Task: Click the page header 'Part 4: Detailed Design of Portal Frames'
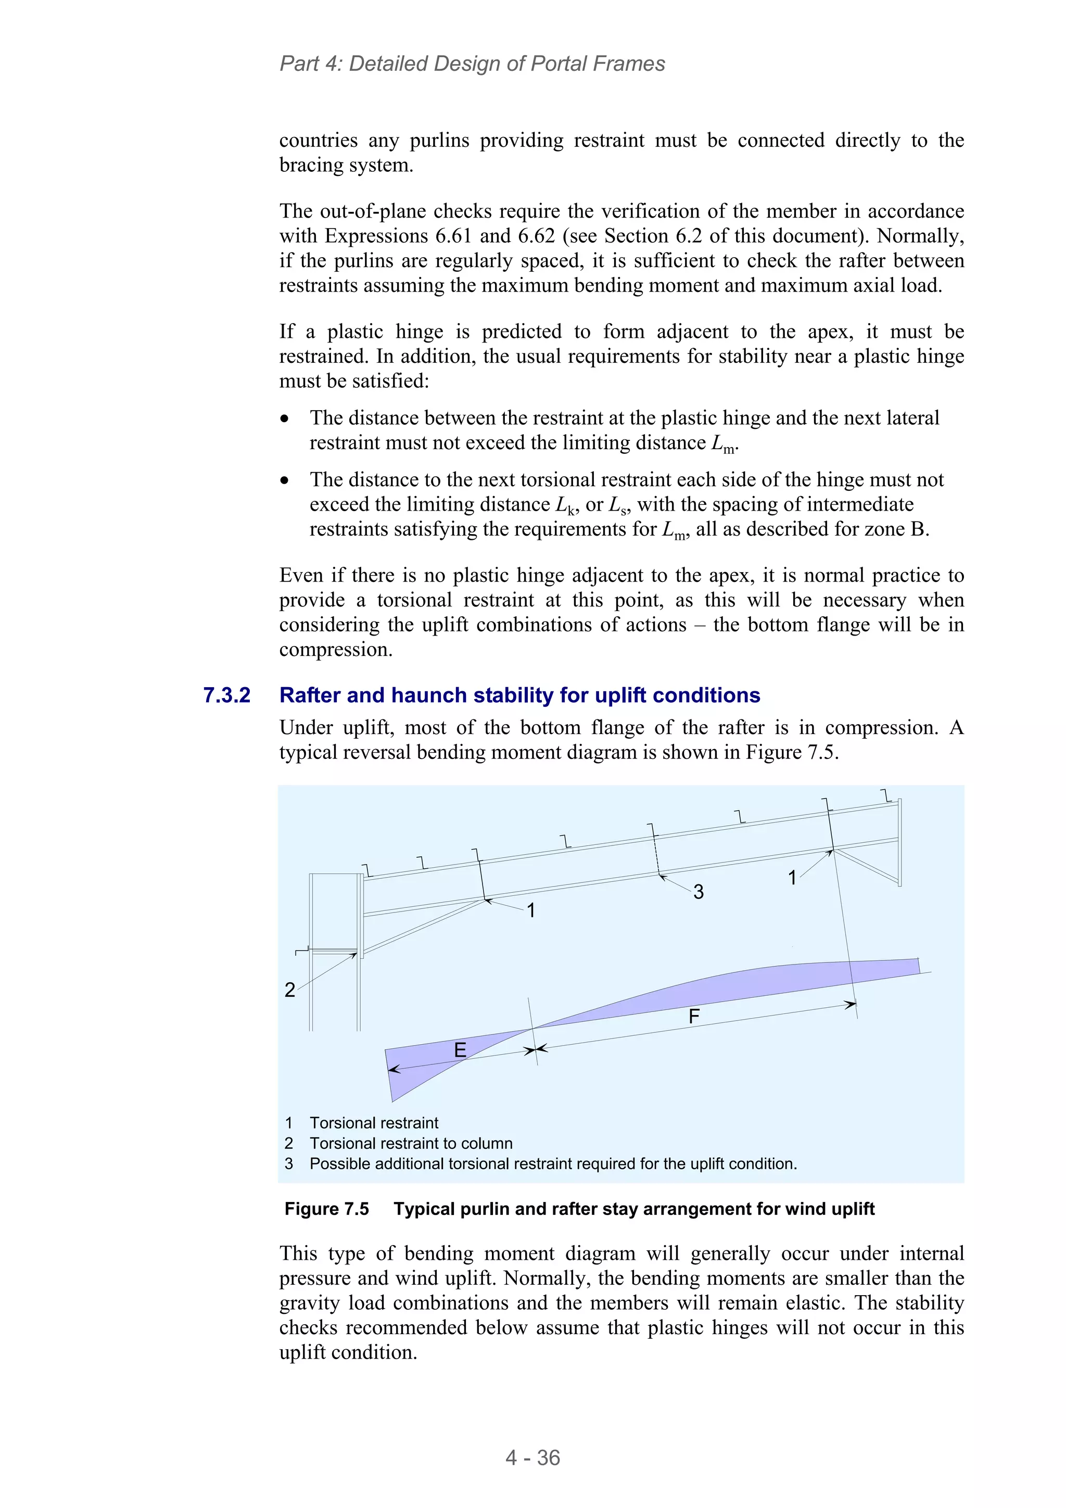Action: (x=472, y=64)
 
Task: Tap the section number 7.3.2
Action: (x=226, y=695)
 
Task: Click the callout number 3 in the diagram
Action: (x=698, y=892)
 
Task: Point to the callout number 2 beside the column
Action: (x=289, y=990)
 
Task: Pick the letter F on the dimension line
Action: (x=694, y=1017)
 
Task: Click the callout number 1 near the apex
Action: (x=792, y=878)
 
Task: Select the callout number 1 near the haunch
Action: (x=531, y=910)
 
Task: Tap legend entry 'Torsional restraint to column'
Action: (x=411, y=1144)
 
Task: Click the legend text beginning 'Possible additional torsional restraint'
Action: (x=552, y=1164)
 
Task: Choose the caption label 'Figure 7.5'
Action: (x=326, y=1209)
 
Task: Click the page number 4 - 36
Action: (x=532, y=1458)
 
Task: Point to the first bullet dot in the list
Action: (x=284, y=419)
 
